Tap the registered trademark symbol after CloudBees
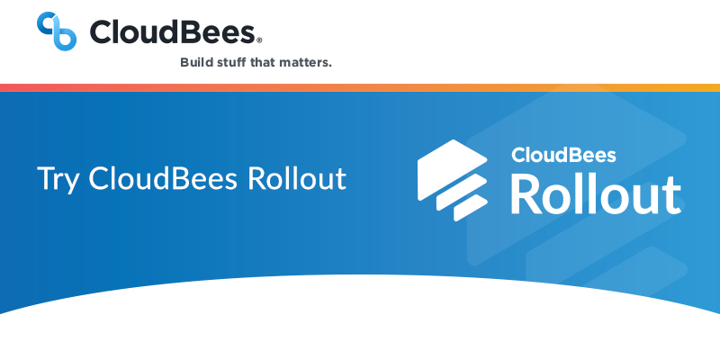[x=260, y=40]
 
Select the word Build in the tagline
[x=197, y=63]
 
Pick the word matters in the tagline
[x=310, y=63]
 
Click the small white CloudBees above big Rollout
[x=563, y=155]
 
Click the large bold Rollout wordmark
[x=595, y=193]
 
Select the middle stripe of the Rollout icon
[x=460, y=194]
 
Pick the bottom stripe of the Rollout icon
[x=468, y=209]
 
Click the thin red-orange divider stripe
[x=360, y=87]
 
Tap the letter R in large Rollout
[x=526, y=193]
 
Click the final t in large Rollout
[x=670, y=194]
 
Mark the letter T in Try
[x=45, y=177]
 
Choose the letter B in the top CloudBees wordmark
[x=189, y=32]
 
